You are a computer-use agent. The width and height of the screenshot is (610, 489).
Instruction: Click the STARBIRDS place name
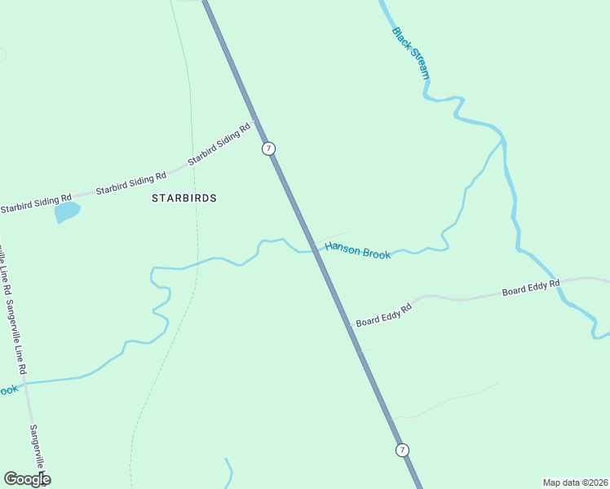pyautogui.click(x=184, y=198)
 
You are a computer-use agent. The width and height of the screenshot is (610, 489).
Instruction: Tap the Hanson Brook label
pyautogui.click(x=357, y=250)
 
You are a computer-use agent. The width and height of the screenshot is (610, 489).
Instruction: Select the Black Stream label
pyautogui.click(x=410, y=54)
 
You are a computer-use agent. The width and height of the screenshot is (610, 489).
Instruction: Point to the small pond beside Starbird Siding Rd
pyautogui.click(x=67, y=213)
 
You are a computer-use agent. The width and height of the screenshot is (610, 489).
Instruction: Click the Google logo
pyautogui.click(x=27, y=479)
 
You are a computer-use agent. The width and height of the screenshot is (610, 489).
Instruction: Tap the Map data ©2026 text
pyautogui.click(x=575, y=482)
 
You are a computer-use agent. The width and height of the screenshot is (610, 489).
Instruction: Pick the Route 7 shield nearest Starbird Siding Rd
pyautogui.click(x=268, y=148)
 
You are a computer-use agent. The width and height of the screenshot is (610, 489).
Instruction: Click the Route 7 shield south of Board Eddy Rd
pyautogui.click(x=401, y=450)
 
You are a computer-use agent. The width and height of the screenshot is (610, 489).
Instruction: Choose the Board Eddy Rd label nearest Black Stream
pyautogui.click(x=531, y=288)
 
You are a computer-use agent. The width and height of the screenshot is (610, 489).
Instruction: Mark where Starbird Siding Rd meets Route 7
pyautogui.click(x=256, y=121)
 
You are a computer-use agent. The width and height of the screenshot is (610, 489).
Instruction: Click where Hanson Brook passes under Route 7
pyautogui.click(x=315, y=249)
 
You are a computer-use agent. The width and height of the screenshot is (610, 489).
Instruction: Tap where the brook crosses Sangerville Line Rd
pyautogui.click(x=25, y=381)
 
